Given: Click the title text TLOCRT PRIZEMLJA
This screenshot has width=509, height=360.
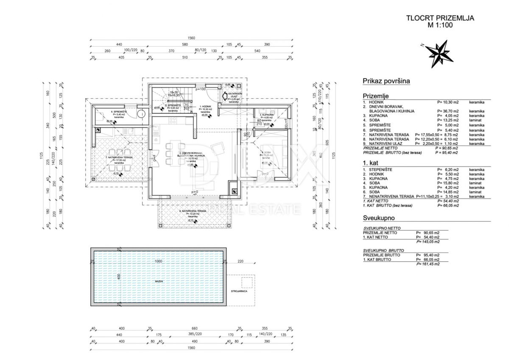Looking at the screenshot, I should (440, 18).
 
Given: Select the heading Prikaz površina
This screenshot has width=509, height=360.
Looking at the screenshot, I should (386, 81).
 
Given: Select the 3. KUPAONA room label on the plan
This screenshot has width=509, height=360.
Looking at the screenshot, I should (266, 115).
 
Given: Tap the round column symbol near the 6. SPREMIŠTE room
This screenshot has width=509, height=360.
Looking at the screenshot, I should (141, 113).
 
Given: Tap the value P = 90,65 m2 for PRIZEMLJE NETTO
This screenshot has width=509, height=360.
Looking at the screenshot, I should (451, 148).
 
